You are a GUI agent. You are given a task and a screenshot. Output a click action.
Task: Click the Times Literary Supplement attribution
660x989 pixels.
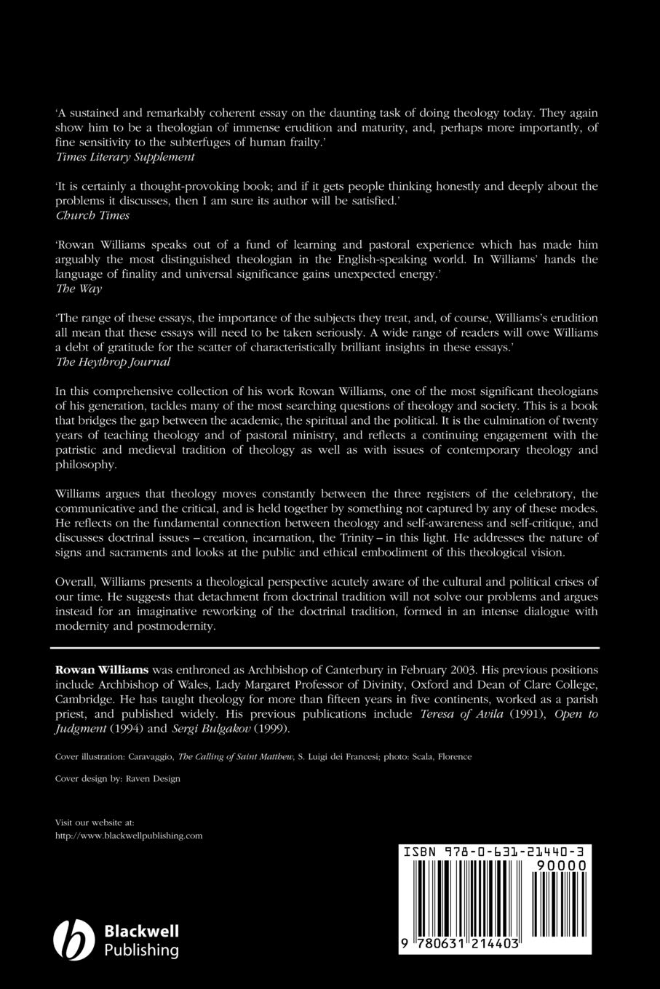pos(125,156)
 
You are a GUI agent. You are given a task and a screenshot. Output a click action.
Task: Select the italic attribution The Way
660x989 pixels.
pos(79,289)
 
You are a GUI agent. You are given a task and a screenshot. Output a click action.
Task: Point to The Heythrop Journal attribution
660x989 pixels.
pos(113,361)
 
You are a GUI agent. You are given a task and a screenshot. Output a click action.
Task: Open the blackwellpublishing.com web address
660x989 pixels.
pos(129,836)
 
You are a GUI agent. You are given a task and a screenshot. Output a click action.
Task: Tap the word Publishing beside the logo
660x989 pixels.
pos(142,950)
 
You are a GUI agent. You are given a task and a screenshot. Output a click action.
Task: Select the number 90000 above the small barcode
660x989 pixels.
pos(560,865)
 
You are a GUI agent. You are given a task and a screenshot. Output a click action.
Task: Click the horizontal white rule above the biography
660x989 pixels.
pos(325,647)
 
